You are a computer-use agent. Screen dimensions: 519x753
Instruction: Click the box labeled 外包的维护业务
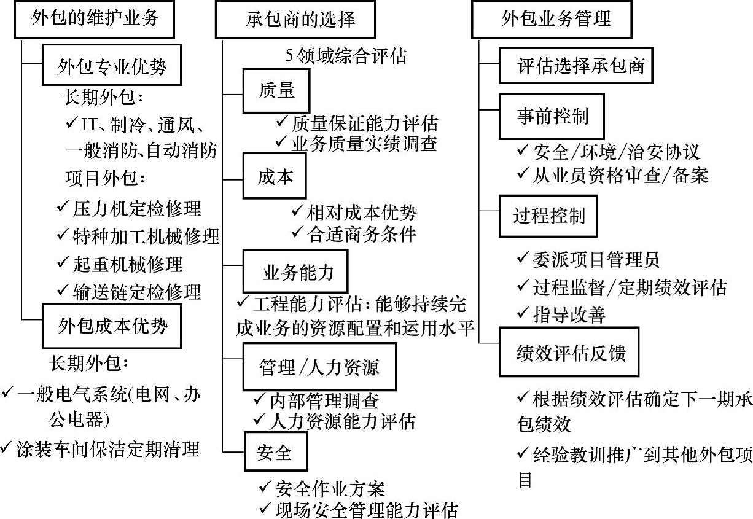95,19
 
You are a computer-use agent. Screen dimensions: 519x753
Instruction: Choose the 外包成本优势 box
112,326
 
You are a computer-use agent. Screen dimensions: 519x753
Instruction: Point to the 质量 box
276,91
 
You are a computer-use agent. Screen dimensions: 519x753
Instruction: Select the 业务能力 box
298,272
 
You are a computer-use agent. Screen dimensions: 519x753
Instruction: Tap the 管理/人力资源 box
319,367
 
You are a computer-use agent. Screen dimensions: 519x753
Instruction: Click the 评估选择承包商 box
575,65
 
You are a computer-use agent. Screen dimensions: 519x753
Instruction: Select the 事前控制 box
552,117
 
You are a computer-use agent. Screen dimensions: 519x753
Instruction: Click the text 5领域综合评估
346,56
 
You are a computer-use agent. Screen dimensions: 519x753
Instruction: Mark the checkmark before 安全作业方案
265,488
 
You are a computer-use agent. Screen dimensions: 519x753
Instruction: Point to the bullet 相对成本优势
362,213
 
